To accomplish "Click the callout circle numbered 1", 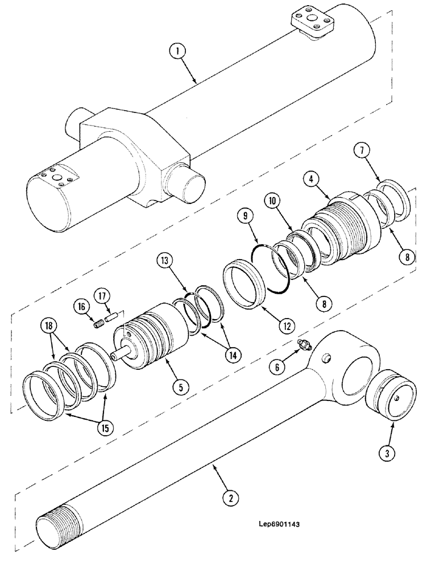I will pyautogui.click(x=178, y=52).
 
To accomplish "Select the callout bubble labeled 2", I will pyautogui.click(x=231, y=498).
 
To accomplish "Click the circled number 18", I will pyautogui.click(x=49, y=326).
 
